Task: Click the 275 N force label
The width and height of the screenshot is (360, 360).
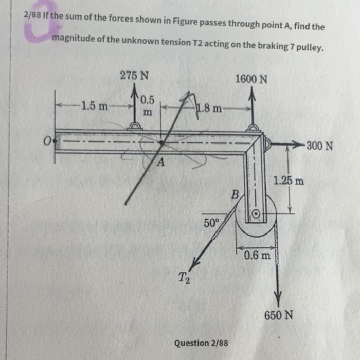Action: pos(134,75)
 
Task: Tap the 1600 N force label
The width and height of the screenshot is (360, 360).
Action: pos(251,79)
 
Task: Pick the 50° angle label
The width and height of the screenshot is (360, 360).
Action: pos(211,223)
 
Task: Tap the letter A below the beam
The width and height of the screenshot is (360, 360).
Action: pos(160,163)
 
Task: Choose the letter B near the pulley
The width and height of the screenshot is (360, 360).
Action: pos(235,195)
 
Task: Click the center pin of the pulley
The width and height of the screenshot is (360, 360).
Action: pos(256,213)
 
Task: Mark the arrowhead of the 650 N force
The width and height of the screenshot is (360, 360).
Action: pos(278,297)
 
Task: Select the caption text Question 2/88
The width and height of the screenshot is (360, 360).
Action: pos(201,343)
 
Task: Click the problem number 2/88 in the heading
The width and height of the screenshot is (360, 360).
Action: pos(32,14)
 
